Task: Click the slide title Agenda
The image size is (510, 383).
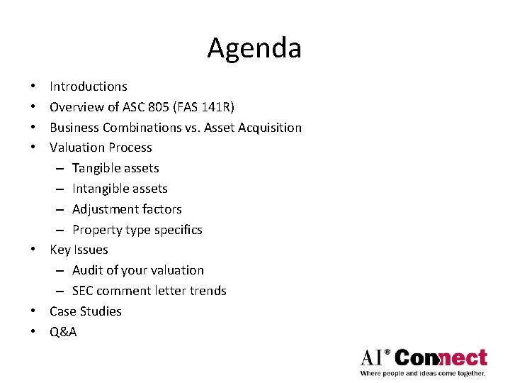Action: coord(254,48)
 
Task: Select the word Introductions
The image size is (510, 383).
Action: coord(89,87)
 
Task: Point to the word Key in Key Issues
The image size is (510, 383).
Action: coord(59,250)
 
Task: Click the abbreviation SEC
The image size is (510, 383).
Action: coord(83,291)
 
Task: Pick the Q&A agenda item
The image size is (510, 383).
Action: coord(63,331)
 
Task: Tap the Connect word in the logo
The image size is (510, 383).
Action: coord(441,357)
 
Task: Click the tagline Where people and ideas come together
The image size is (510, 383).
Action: coord(423,373)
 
